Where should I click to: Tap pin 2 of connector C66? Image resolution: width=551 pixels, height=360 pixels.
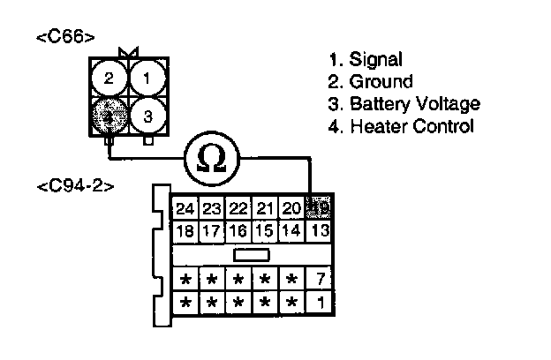(x=109, y=79)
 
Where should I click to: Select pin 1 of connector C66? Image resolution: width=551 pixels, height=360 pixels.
(x=147, y=79)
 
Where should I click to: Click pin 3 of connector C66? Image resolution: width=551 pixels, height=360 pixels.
(x=147, y=116)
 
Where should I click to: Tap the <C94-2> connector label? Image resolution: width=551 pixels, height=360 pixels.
(x=76, y=187)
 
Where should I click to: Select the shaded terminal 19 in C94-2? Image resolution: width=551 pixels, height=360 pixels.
(x=319, y=209)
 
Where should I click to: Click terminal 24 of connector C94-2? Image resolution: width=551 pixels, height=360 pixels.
(x=185, y=209)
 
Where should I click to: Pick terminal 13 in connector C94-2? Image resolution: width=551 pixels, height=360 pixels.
(x=319, y=231)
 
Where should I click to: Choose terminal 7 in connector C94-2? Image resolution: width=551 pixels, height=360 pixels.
(x=319, y=281)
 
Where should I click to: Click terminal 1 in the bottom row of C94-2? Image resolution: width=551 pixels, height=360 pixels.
(x=319, y=303)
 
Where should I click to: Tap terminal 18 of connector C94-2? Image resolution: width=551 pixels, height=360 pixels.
(x=185, y=231)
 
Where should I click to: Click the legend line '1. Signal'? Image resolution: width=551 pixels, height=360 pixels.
(x=365, y=60)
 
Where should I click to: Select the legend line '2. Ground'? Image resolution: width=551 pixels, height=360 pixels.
(x=369, y=82)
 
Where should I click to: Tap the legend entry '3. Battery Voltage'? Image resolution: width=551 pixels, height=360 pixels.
(x=404, y=104)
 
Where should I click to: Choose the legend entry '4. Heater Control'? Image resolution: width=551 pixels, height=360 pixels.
(x=400, y=126)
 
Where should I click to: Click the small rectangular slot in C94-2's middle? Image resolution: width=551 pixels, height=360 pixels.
(x=251, y=255)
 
